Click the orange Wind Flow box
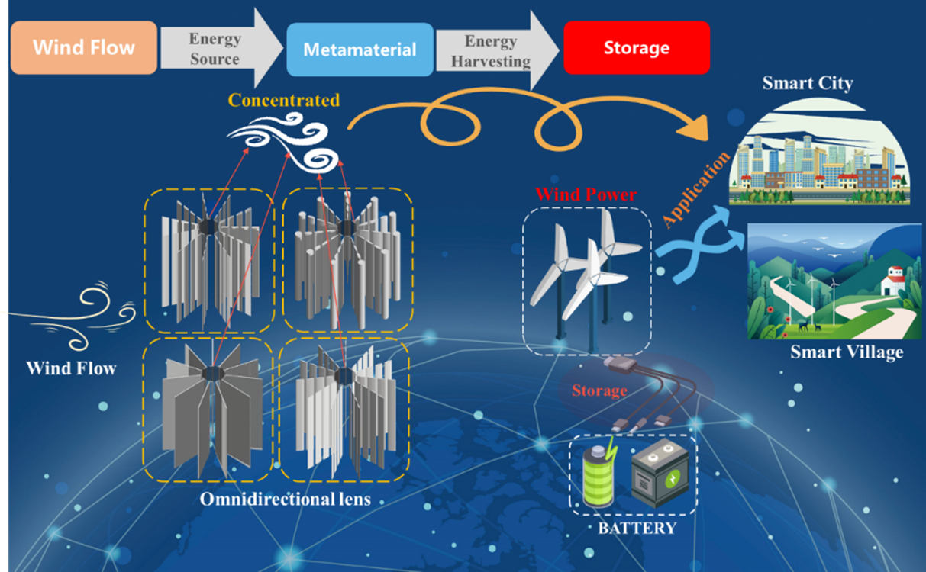[84, 47]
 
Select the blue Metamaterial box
[360, 50]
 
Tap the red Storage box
[636, 47]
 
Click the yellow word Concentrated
[284, 101]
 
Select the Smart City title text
[807, 83]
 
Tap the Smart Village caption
[846, 352]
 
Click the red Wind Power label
[586, 194]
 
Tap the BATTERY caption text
[637, 528]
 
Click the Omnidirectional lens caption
[285, 500]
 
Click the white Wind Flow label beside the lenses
[71, 368]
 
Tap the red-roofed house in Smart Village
[891, 281]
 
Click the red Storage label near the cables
[599, 390]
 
